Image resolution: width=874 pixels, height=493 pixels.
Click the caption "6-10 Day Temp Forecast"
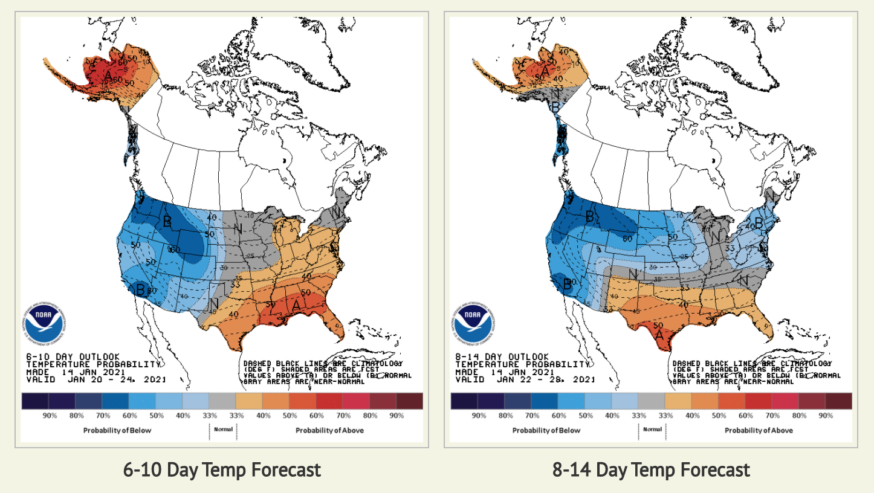coord(222,469)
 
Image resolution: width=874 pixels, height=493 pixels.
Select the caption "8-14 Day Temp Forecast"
coord(650,469)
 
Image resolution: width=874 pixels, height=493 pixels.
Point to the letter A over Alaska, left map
coord(108,76)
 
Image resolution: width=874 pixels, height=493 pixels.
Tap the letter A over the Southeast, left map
coord(296,306)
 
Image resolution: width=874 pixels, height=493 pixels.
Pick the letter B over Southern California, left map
coord(141,289)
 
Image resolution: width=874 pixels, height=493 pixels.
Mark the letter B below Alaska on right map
coord(555,106)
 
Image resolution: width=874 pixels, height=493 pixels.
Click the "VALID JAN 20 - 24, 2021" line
coord(96,380)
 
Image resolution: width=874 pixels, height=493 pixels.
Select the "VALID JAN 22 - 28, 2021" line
coord(525,380)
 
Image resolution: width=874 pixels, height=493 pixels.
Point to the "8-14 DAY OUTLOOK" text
coord(502,357)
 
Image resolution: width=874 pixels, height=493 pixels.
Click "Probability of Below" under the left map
coord(117,430)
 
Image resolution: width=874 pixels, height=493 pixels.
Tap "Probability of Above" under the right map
coord(759,430)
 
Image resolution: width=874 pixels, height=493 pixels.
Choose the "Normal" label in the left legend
coord(223,430)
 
